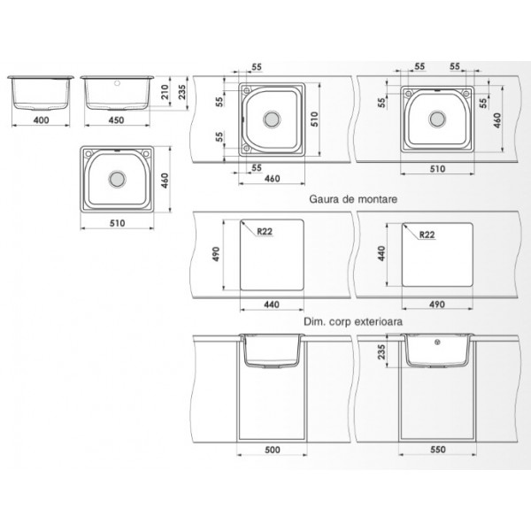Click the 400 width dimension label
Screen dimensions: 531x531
[42, 119]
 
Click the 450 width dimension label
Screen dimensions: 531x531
[116, 119]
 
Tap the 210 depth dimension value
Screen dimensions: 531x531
[165, 92]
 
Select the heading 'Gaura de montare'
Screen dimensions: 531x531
[353, 199]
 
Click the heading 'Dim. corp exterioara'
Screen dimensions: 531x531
[353, 321]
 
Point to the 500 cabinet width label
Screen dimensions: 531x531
[273, 450]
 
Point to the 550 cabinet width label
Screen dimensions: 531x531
[438, 450]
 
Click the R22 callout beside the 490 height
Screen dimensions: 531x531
[265, 231]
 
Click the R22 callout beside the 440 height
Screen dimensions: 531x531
[427, 235]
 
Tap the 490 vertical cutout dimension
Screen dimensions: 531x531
[216, 254]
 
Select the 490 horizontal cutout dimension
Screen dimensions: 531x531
[437, 304]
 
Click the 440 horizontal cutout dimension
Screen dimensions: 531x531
[272, 304]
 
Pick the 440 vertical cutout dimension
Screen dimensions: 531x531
[381, 253]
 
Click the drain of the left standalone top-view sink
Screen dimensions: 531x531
[117, 179]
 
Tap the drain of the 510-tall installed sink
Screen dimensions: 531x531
[272, 119]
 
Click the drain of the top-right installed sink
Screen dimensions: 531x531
[437, 119]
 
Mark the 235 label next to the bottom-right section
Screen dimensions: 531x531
[381, 352]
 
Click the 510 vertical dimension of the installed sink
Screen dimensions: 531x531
[314, 119]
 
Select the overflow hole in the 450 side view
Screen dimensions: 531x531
[117, 83]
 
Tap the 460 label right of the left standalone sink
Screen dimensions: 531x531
[165, 181]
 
